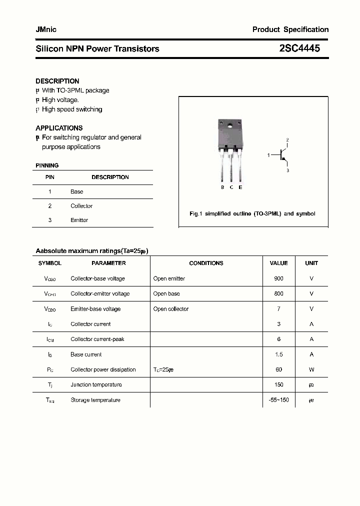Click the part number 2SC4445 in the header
point(299,48)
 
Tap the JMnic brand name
point(46,29)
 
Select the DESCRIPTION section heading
point(57,81)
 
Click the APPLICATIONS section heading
point(59,128)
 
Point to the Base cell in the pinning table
point(76,191)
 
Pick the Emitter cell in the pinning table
point(79,220)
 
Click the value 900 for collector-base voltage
point(278,278)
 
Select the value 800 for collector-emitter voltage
point(278,293)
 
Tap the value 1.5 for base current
point(278,354)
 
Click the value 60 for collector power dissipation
point(278,369)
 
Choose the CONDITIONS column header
point(206,263)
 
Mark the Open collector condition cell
point(170,309)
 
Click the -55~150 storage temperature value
point(278,400)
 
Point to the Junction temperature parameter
point(96,384)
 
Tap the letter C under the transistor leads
point(231,187)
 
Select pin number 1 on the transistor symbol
point(268,155)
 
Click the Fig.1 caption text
point(252,213)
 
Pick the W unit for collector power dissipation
point(311,369)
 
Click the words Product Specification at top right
point(290,29)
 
